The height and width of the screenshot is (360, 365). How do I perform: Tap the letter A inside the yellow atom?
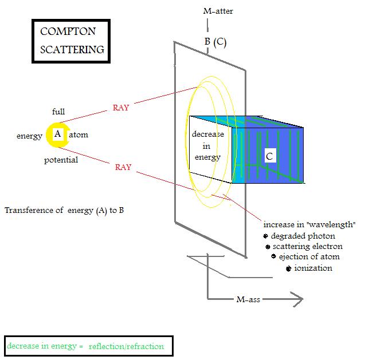[57, 134]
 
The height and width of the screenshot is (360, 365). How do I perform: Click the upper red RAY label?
[121, 108]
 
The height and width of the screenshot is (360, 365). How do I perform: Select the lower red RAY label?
[123, 167]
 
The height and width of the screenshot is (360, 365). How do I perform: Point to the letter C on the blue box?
[269, 155]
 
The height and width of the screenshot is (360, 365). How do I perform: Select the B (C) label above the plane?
[215, 42]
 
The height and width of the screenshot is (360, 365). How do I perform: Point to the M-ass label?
[249, 299]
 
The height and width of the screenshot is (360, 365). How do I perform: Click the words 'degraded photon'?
[303, 236]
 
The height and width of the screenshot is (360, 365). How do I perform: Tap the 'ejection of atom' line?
[309, 256]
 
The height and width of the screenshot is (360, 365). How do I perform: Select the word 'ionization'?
[313, 268]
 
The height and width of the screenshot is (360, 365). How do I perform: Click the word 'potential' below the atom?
[61, 160]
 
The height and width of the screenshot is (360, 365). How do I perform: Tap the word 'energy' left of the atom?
[29, 136]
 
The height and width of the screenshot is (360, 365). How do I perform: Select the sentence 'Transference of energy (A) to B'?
[64, 210]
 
